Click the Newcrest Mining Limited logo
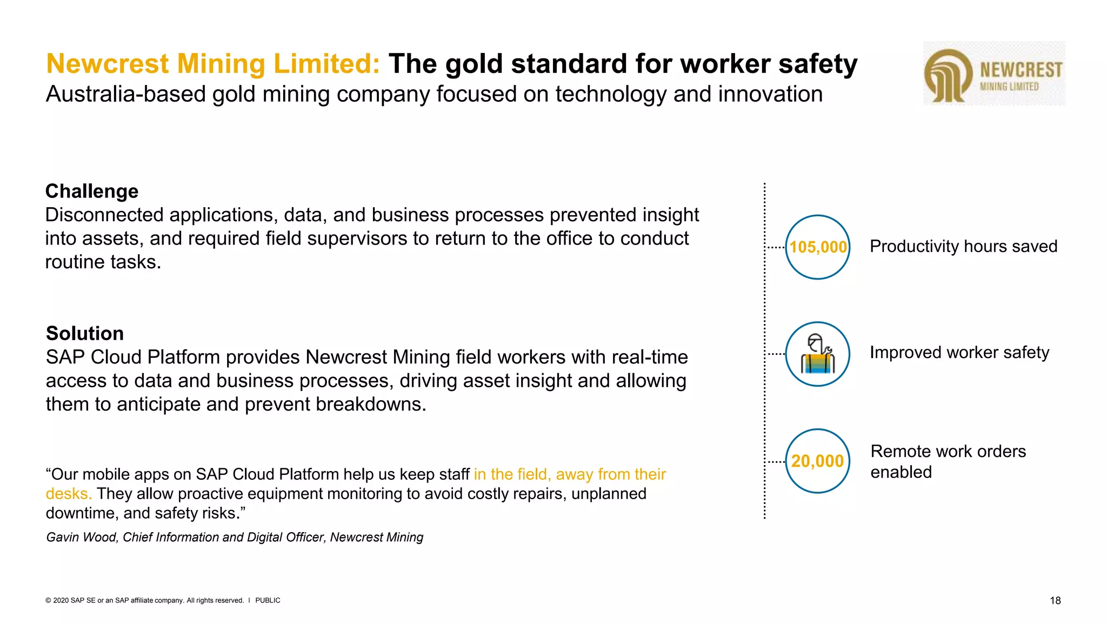point(993,74)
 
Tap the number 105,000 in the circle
point(818,247)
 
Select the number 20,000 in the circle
point(817,461)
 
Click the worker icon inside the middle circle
point(818,354)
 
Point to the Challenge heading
point(92,191)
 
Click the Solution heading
point(85,334)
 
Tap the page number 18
point(1055,600)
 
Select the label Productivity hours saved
point(963,247)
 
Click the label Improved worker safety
point(959,353)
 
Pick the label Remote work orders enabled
point(948,461)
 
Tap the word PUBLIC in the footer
point(268,600)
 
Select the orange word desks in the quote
point(68,494)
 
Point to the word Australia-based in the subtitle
point(125,94)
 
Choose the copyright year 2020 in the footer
point(61,600)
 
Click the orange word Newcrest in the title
point(108,64)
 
